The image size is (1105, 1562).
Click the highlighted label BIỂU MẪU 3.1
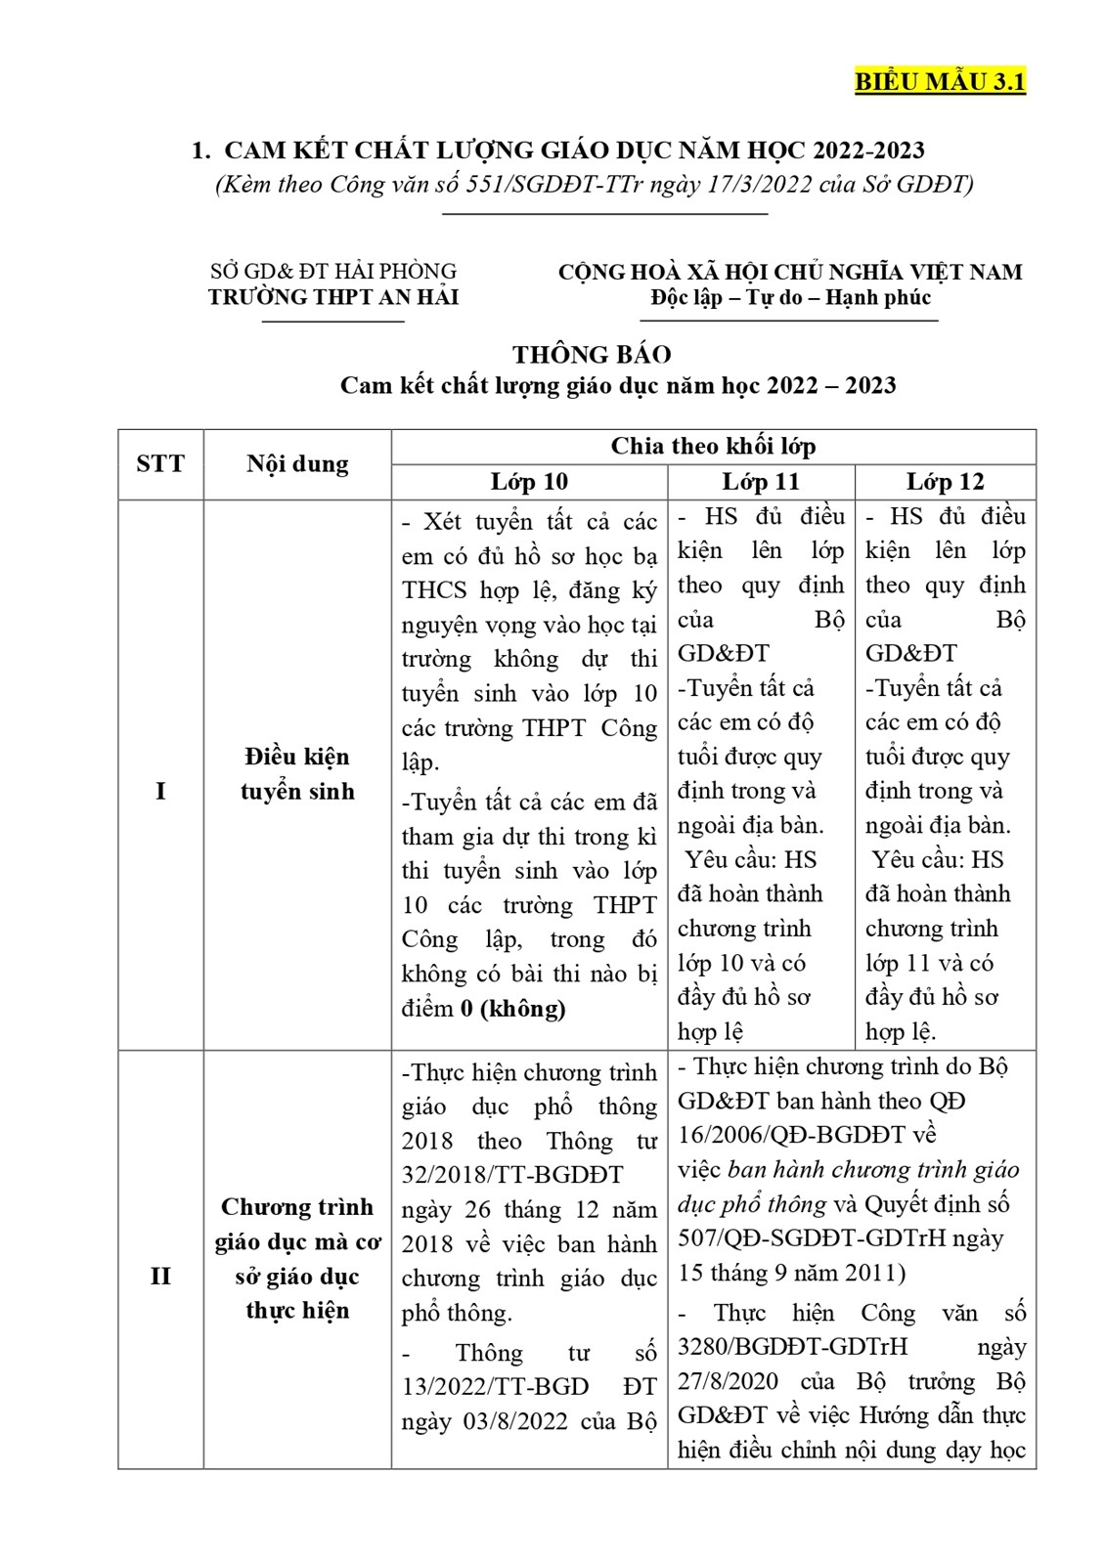point(940,82)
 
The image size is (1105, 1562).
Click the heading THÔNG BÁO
point(593,354)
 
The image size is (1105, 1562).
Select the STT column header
point(160,463)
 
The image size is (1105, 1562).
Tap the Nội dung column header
point(297,463)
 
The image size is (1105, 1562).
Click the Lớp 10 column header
point(529,482)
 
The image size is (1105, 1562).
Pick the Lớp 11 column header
point(761,482)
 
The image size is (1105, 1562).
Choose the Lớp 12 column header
point(945,482)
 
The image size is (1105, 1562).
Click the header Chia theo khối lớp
point(713,447)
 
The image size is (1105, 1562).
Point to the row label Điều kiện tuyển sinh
point(297,773)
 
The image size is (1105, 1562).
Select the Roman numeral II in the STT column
point(160,1277)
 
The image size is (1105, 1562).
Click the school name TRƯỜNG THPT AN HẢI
point(333,297)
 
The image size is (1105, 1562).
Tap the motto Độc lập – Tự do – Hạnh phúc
point(790,297)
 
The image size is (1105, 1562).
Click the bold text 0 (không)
point(512,1008)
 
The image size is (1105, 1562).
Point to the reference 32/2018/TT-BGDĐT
point(511,1175)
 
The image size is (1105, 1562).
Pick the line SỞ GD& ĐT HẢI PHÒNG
point(333,272)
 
